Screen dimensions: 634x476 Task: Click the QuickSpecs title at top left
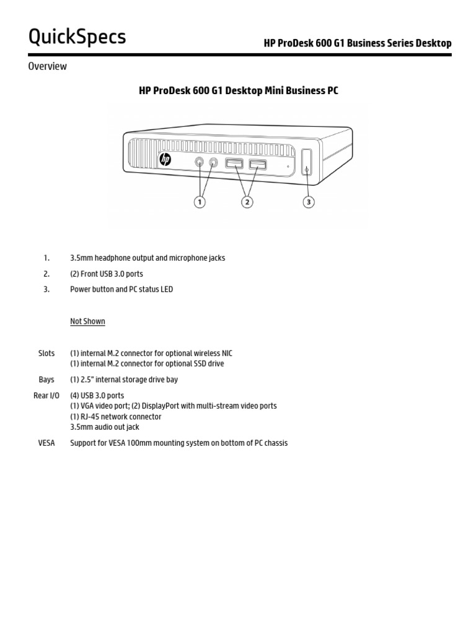77,37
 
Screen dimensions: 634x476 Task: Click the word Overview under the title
47,66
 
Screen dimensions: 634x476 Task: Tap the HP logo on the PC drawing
165,160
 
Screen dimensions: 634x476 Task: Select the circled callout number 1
200,202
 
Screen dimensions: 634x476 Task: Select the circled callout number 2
247,202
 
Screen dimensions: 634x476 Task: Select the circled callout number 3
308,202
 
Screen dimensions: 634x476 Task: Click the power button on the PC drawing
307,163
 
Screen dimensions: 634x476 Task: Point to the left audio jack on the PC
200,162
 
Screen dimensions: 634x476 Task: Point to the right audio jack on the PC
214,163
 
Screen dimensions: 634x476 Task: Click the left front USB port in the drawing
234,164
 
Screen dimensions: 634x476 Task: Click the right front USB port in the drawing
258,165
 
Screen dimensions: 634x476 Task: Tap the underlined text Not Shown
87,321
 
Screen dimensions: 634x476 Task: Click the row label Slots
46,353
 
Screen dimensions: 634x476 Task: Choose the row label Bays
46,380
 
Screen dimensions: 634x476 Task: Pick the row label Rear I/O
46,395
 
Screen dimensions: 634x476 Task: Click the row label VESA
46,443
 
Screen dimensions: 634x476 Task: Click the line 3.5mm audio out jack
104,427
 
